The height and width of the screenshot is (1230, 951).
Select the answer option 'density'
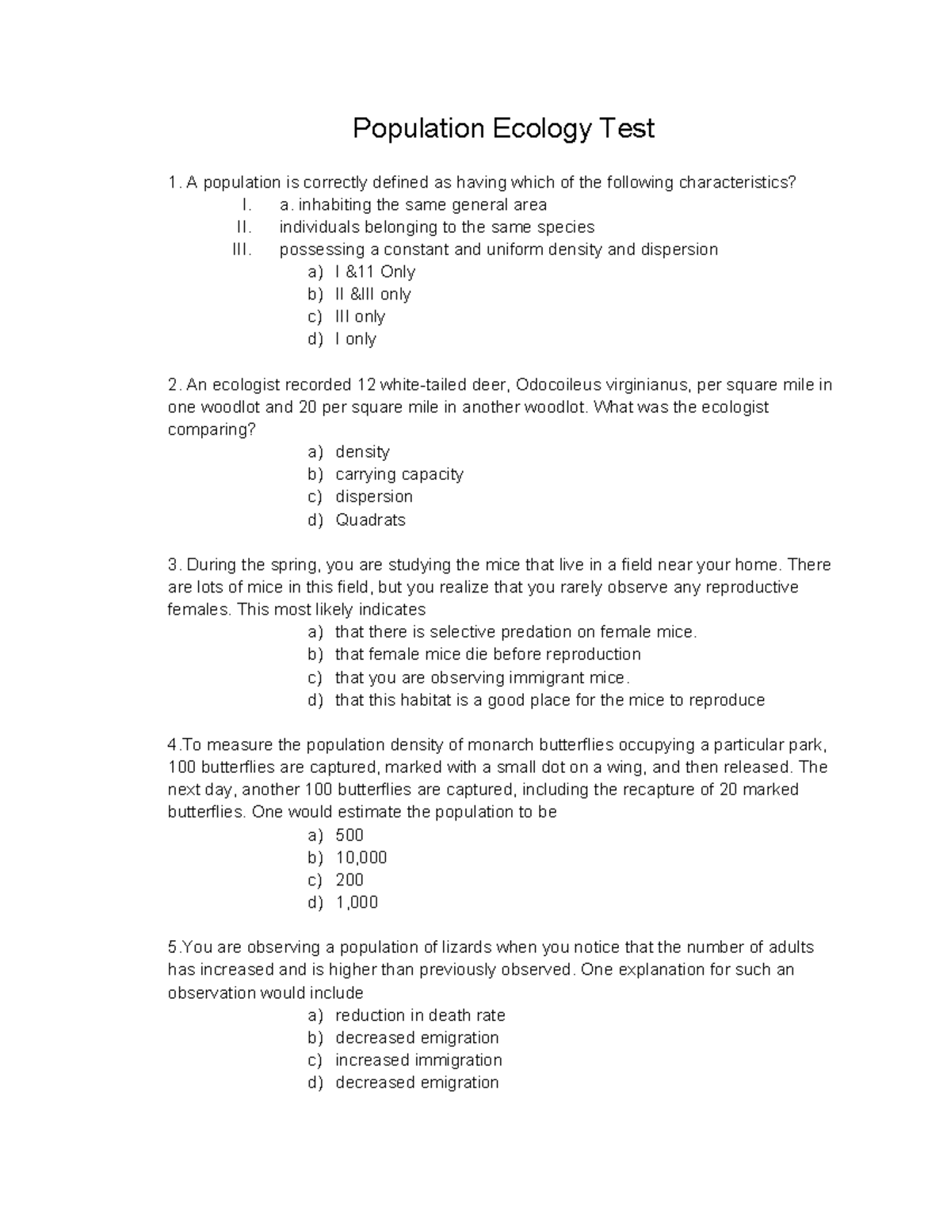click(x=362, y=451)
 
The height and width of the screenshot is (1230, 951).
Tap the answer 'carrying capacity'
click(x=399, y=474)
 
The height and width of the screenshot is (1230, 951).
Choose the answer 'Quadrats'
click(x=370, y=520)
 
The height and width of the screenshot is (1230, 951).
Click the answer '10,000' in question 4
click(x=361, y=857)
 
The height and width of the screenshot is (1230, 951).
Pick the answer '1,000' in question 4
click(x=357, y=902)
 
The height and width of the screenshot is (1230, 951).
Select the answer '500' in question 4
click(x=349, y=835)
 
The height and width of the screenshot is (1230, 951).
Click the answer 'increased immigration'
click(x=418, y=1060)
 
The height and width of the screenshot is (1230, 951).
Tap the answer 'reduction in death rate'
click(x=420, y=1015)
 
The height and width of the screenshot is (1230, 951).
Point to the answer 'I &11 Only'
click(x=375, y=272)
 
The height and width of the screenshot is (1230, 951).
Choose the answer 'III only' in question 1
click(x=360, y=317)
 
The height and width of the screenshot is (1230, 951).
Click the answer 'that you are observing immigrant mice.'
click(x=482, y=677)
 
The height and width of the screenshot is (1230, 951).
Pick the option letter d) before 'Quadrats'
click(x=315, y=520)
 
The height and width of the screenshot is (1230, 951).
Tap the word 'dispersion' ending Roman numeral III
click(x=679, y=249)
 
